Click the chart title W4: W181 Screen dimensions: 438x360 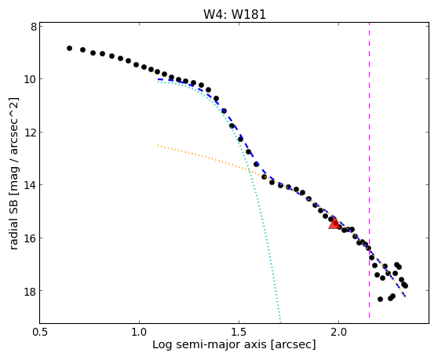coord(235,14)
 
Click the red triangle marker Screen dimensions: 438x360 coord(334,223)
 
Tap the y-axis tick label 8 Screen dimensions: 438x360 coord(34,27)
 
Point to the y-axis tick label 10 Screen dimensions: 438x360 coord(31,79)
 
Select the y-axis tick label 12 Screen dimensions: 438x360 coord(31,132)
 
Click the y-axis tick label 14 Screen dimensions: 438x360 coord(31,185)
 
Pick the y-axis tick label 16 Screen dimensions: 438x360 coord(31,238)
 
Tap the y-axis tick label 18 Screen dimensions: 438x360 coord(31,291)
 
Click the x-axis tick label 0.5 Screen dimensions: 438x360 coord(40,333)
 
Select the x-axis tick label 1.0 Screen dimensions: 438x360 coord(139,333)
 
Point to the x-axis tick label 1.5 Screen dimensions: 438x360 coord(239,333)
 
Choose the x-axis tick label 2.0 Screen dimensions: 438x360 coord(338,333)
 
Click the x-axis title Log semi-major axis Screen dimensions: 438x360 coord(210,345)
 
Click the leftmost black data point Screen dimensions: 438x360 coord(69,49)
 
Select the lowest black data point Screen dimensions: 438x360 coord(380,299)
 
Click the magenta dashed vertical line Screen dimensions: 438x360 coord(369,170)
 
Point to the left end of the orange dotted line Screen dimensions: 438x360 coord(158,145)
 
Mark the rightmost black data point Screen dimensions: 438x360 coord(405,285)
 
